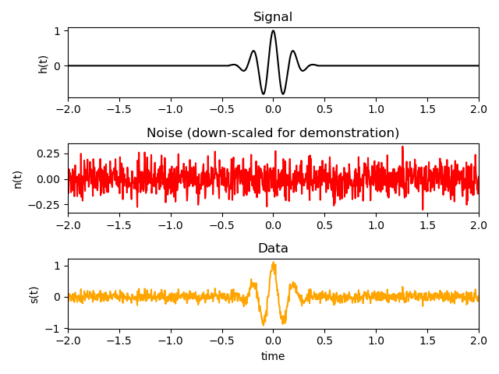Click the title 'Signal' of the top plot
[273, 17]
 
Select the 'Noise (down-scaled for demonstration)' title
[273, 133]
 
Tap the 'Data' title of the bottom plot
[273, 249]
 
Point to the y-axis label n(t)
[17, 178]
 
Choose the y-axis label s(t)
[34, 294]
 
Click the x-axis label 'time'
[273, 356]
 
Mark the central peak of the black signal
[273, 31]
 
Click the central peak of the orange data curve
[273, 263]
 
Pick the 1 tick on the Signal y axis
[57, 31]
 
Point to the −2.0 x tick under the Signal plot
[68, 110]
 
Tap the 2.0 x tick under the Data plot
[479, 341]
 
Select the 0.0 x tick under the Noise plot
[273, 225]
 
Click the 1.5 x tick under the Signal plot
[427, 110]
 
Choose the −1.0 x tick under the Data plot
[171, 341]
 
